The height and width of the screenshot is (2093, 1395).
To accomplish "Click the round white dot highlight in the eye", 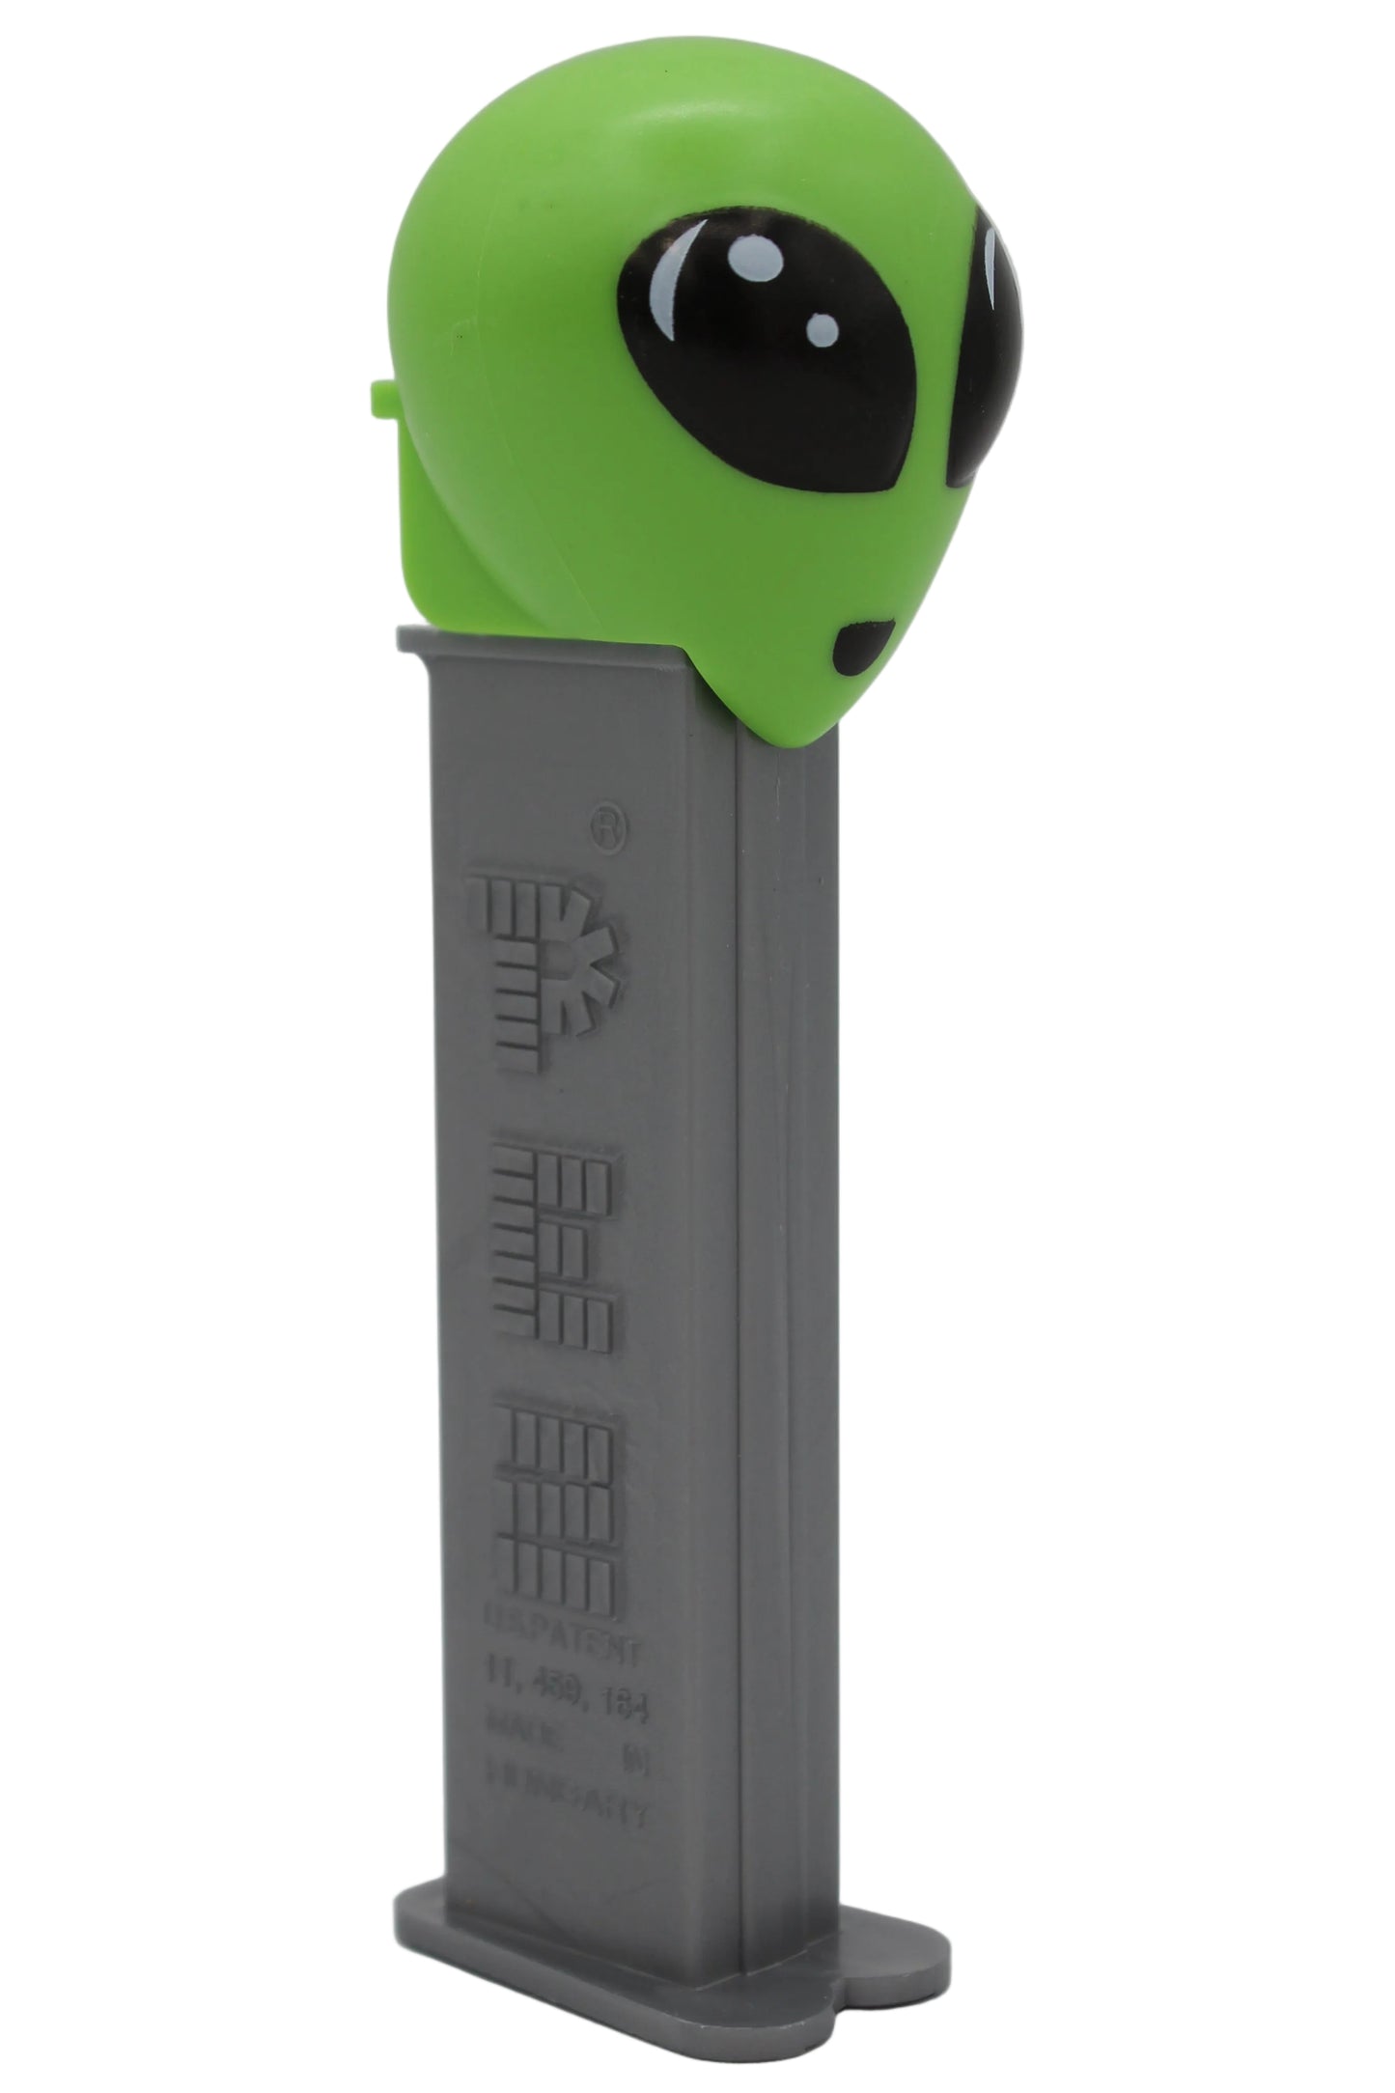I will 823,321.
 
